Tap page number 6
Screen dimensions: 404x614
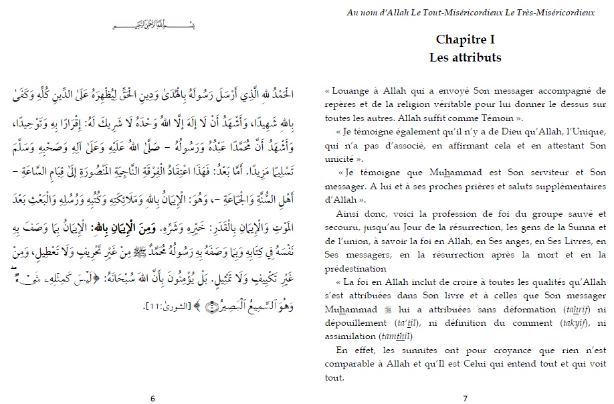(152, 399)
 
